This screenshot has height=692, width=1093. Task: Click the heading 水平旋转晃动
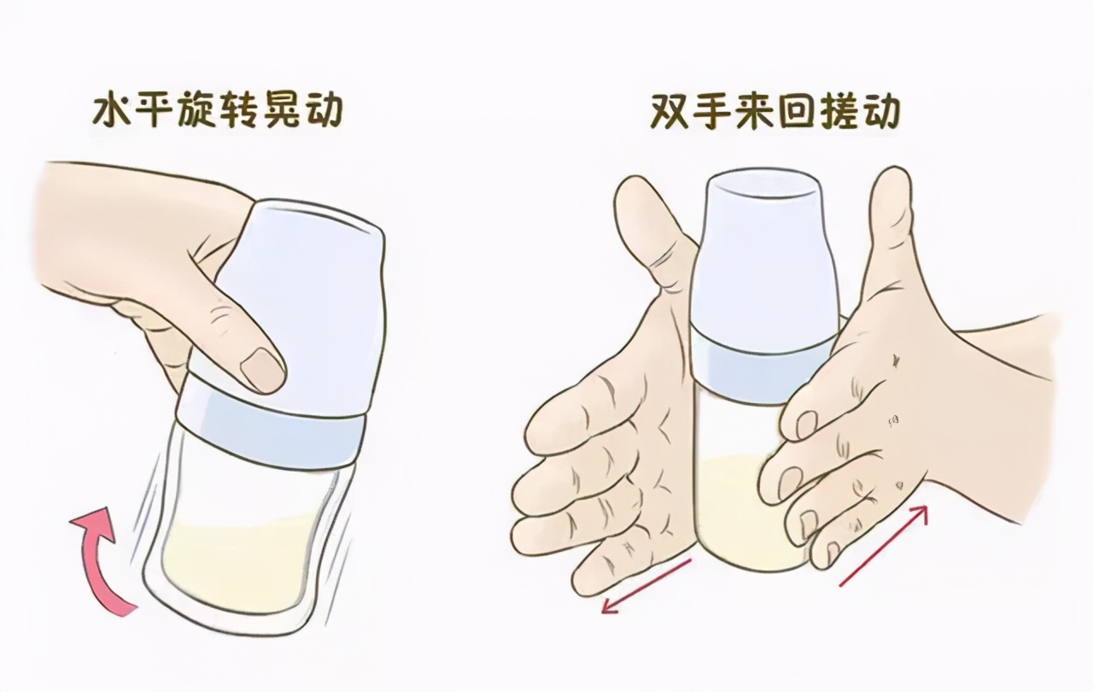coord(217,113)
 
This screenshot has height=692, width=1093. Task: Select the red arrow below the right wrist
coord(884,545)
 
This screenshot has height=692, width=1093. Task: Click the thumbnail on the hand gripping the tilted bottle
coord(260,370)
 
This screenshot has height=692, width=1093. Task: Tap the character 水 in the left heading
coord(112,113)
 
